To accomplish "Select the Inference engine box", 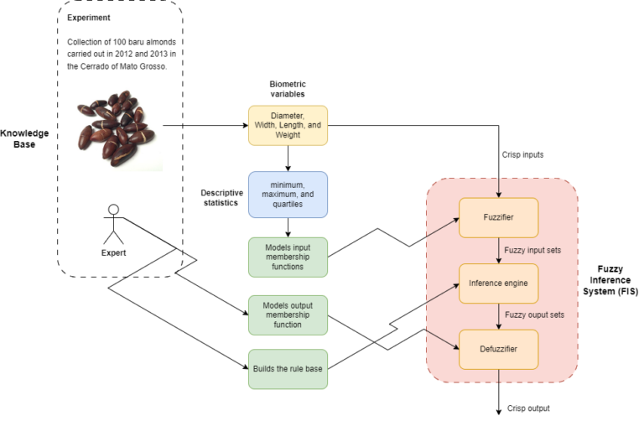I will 500,283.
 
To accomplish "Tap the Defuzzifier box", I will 500,349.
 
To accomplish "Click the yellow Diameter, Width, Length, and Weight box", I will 288,126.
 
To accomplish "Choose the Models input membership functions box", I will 288,257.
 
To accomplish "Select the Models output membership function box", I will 288,314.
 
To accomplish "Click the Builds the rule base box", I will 288,368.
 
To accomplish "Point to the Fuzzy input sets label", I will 533,251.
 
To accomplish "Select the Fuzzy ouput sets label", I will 535,316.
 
